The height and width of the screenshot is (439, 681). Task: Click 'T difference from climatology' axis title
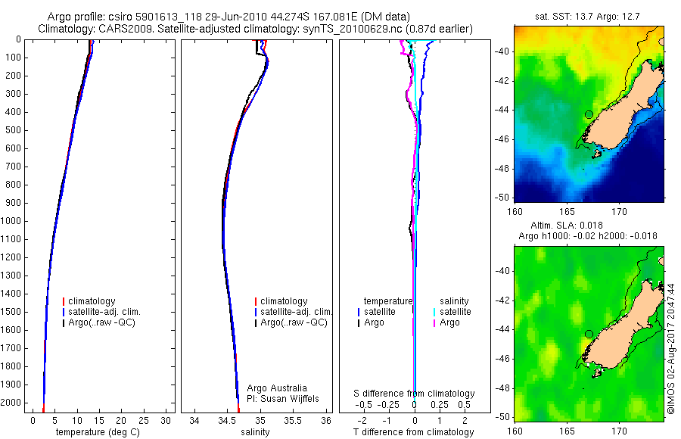click(413, 432)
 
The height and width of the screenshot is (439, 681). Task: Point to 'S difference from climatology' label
click(415, 394)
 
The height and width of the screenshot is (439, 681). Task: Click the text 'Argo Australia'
click(277, 388)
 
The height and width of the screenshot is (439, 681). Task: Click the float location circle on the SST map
click(589, 114)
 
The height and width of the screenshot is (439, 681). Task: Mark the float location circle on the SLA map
click(589, 334)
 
